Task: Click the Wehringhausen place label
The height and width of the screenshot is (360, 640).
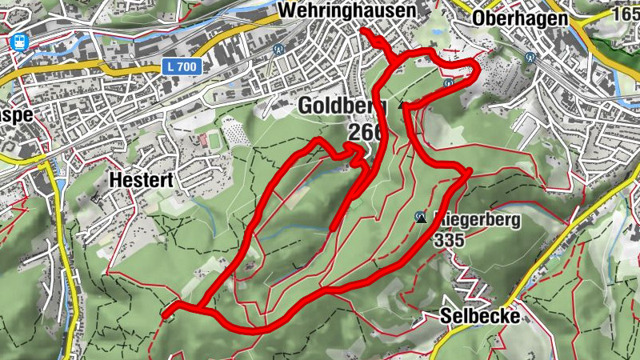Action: (348, 11)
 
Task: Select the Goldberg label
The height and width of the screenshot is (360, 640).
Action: (342, 105)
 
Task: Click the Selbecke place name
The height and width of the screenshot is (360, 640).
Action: (480, 317)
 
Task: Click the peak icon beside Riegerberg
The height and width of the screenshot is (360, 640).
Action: (420, 216)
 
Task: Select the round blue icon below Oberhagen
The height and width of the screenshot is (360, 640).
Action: (530, 57)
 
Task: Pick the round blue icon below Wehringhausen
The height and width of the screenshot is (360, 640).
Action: (278, 48)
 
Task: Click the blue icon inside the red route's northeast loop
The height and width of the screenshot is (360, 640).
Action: (449, 82)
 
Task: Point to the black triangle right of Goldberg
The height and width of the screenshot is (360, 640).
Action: (402, 104)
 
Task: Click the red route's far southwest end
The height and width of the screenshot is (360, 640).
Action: (164, 316)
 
